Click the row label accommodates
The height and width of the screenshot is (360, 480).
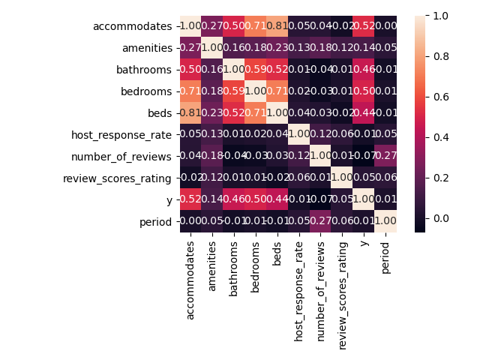[132, 27]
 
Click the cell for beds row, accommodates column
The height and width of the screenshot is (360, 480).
[191, 114]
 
